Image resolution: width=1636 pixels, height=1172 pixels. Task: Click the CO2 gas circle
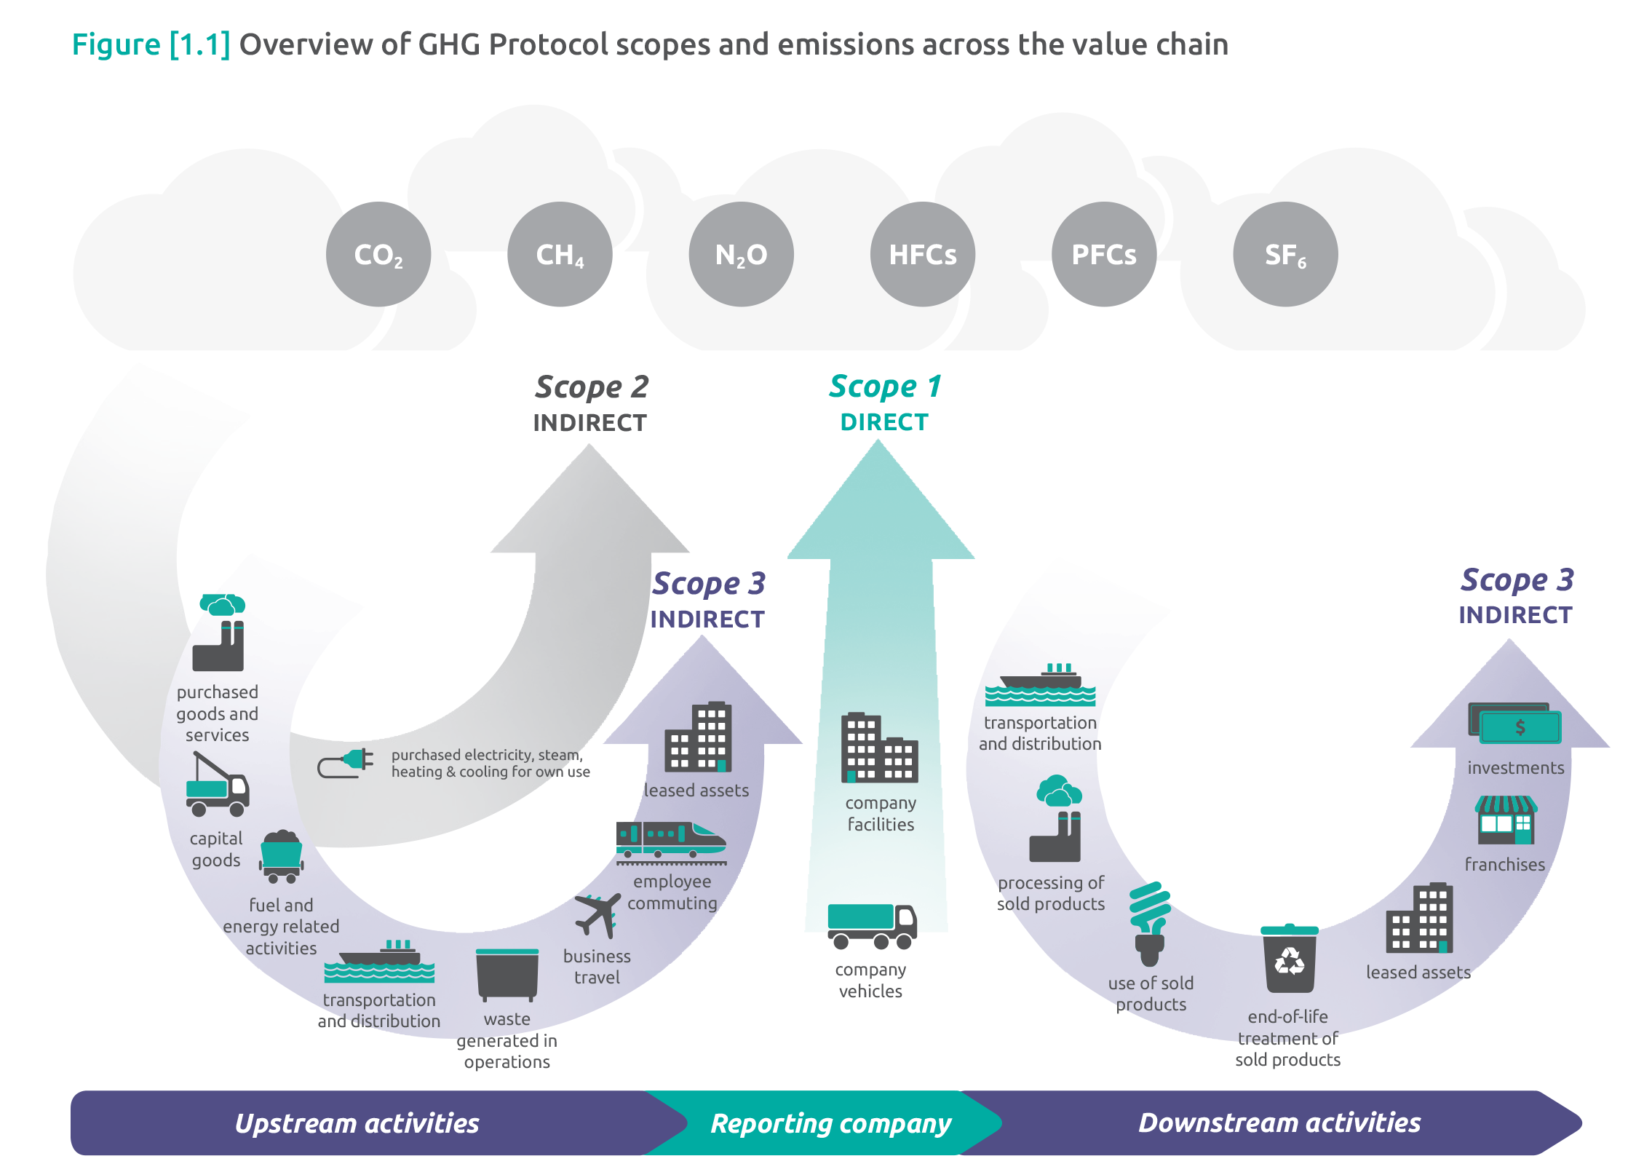[x=378, y=254]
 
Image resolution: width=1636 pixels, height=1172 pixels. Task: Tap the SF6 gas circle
[x=1285, y=254]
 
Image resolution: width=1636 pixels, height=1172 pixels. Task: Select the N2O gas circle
[x=741, y=254]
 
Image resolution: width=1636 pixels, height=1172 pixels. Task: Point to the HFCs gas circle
[x=922, y=254]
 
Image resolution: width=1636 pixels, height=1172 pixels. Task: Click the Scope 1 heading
[x=885, y=387]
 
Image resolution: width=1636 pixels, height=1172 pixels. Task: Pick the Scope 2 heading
[x=591, y=387]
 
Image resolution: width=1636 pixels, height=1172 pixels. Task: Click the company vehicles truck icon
[x=872, y=926]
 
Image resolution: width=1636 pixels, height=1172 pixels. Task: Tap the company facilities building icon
[x=879, y=748]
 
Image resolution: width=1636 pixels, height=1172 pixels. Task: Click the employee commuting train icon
[x=670, y=842]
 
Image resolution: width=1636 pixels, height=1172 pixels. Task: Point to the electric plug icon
[x=346, y=764]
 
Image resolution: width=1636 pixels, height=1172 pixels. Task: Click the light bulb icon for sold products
[x=1150, y=922]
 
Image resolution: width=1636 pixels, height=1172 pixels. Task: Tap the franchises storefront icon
[x=1506, y=820]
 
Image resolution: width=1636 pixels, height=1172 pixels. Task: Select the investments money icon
[x=1514, y=724]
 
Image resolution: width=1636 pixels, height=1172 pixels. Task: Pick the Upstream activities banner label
[x=357, y=1123]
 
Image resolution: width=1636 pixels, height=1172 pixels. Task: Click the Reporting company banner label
[x=830, y=1123]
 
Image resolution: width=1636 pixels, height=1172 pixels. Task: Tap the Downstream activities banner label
[x=1279, y=1122]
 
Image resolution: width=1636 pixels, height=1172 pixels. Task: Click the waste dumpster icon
[x=507, y=973]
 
